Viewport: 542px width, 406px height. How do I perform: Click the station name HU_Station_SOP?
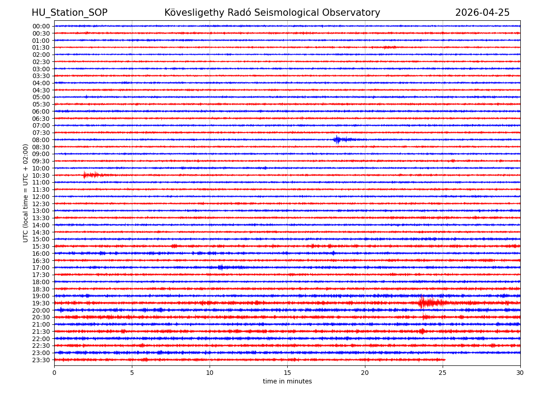click(69, 13)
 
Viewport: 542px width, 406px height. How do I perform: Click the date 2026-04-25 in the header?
click(482, 13)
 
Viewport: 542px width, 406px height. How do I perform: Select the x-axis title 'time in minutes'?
click(287, 382)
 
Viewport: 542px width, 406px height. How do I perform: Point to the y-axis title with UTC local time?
click(26, 193)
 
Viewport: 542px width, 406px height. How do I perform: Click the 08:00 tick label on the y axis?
click(41, 140)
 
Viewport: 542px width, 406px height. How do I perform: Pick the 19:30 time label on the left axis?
click(41, 303)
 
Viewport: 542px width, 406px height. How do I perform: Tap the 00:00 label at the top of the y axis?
click(41, 26)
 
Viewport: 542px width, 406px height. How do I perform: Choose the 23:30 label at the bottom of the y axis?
click(41, 360)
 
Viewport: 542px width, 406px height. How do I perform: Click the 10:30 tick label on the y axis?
click(41, 175)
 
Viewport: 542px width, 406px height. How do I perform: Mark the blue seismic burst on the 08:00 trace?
click(337, 140)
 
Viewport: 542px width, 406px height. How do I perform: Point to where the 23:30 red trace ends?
click(445, 360)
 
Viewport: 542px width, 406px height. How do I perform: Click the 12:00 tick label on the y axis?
click(41, 197)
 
